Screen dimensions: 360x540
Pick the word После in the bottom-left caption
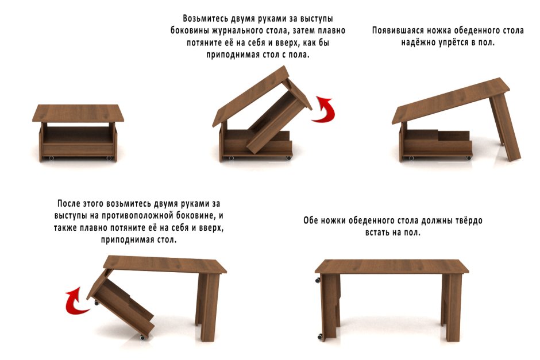(70, 204)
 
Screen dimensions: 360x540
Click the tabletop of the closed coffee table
(78, 113)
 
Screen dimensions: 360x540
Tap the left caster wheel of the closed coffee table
(51, 157)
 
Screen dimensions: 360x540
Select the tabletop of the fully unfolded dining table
(394, 266)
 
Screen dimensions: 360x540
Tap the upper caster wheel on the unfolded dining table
(317, 281)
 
